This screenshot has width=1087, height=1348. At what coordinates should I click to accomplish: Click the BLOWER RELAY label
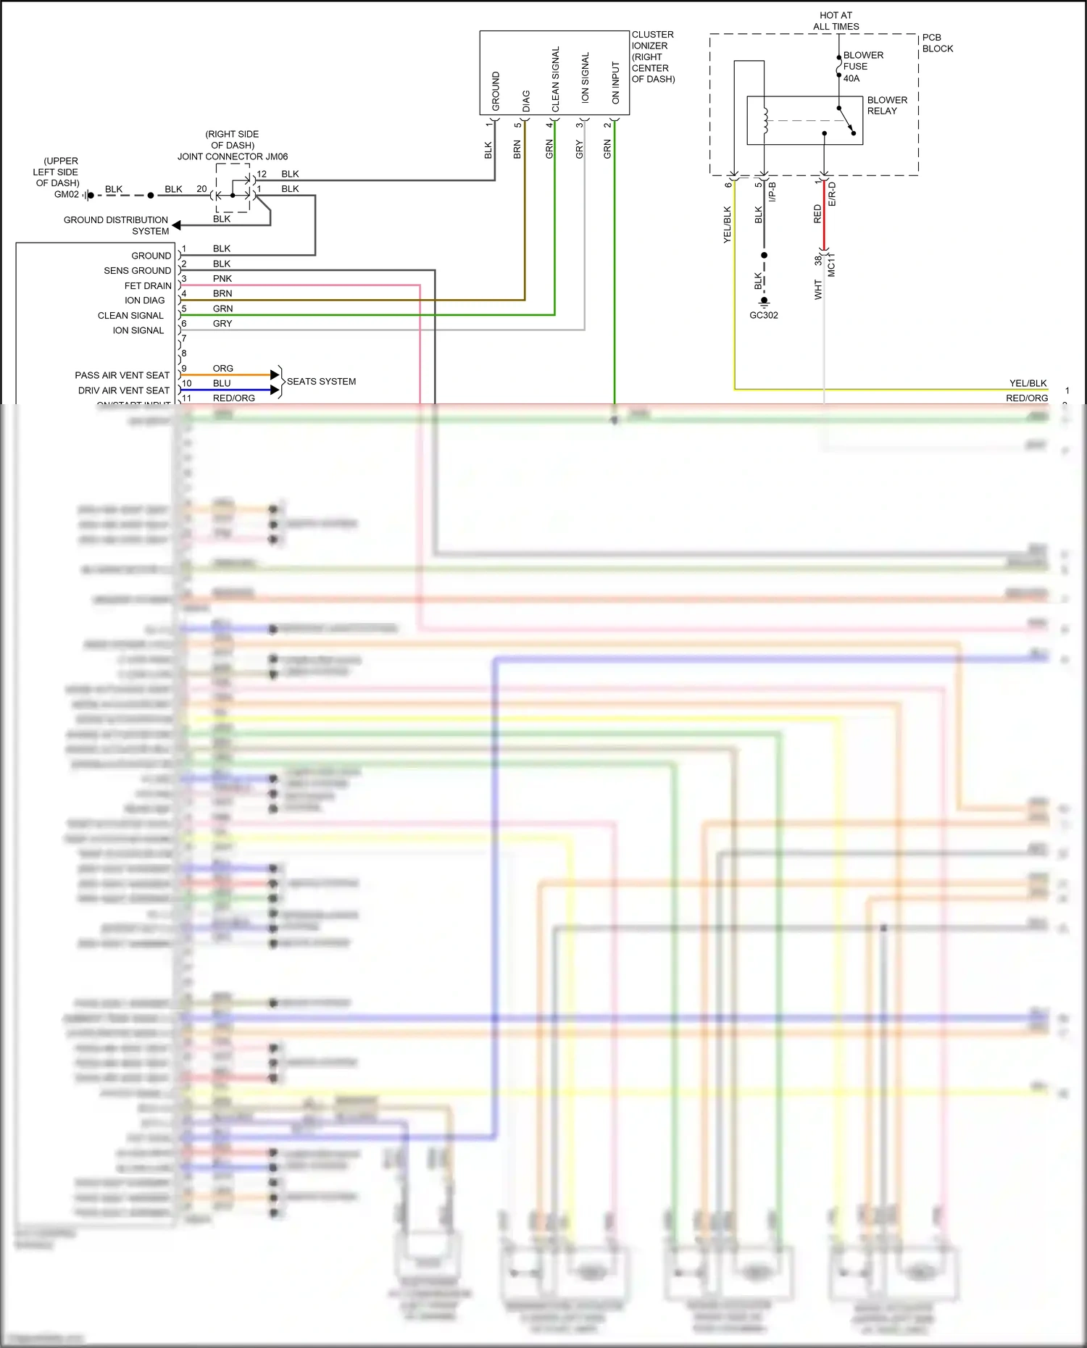tap(886, 106)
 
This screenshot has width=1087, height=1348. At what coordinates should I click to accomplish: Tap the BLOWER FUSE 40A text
tap(862, 67)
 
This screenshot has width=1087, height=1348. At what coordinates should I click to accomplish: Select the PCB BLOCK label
tap(937, 43)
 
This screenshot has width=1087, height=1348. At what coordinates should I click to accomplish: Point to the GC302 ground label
tap(764, 315)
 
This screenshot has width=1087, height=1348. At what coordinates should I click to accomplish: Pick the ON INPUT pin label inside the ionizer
tap(615, 83)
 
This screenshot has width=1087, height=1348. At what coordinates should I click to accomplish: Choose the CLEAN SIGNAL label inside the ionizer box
tap(556, 79)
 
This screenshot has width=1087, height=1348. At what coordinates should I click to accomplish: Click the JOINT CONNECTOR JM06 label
tap(233, 156)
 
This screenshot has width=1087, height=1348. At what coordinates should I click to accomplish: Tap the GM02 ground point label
tap(67, 194)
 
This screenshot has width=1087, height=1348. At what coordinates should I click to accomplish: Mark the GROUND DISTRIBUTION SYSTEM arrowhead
tap(176, 225)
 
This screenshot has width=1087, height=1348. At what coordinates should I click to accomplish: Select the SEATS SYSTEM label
tap(321, 382)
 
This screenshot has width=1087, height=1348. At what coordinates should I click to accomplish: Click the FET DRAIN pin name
tap(148, 286)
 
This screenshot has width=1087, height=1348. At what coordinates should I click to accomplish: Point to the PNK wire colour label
tap(222, 279)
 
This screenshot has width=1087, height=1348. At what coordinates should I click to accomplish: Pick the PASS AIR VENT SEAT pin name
tap(122, 375)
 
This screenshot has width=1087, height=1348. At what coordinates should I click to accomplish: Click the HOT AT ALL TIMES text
tap(836, 21)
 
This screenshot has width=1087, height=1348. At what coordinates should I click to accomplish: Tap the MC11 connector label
tap(831, 264)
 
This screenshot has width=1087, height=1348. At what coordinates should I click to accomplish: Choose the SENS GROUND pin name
tap(137, 271)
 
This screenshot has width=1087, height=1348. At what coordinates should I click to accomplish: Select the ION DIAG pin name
tap(144, 301)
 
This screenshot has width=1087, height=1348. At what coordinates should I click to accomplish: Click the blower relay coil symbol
tap(765, 120)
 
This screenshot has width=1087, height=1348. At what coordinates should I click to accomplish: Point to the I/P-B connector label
tap(772, 192)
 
